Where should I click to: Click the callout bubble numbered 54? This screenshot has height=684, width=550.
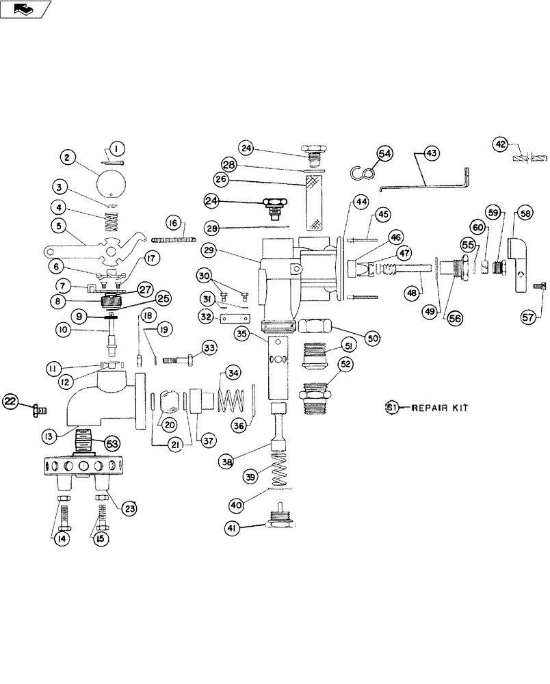pos(384,155)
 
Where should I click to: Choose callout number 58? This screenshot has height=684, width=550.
pos(526,213)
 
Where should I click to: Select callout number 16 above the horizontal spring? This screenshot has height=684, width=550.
pos(172,223)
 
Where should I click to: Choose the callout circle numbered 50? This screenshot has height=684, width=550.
pos(373,338)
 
